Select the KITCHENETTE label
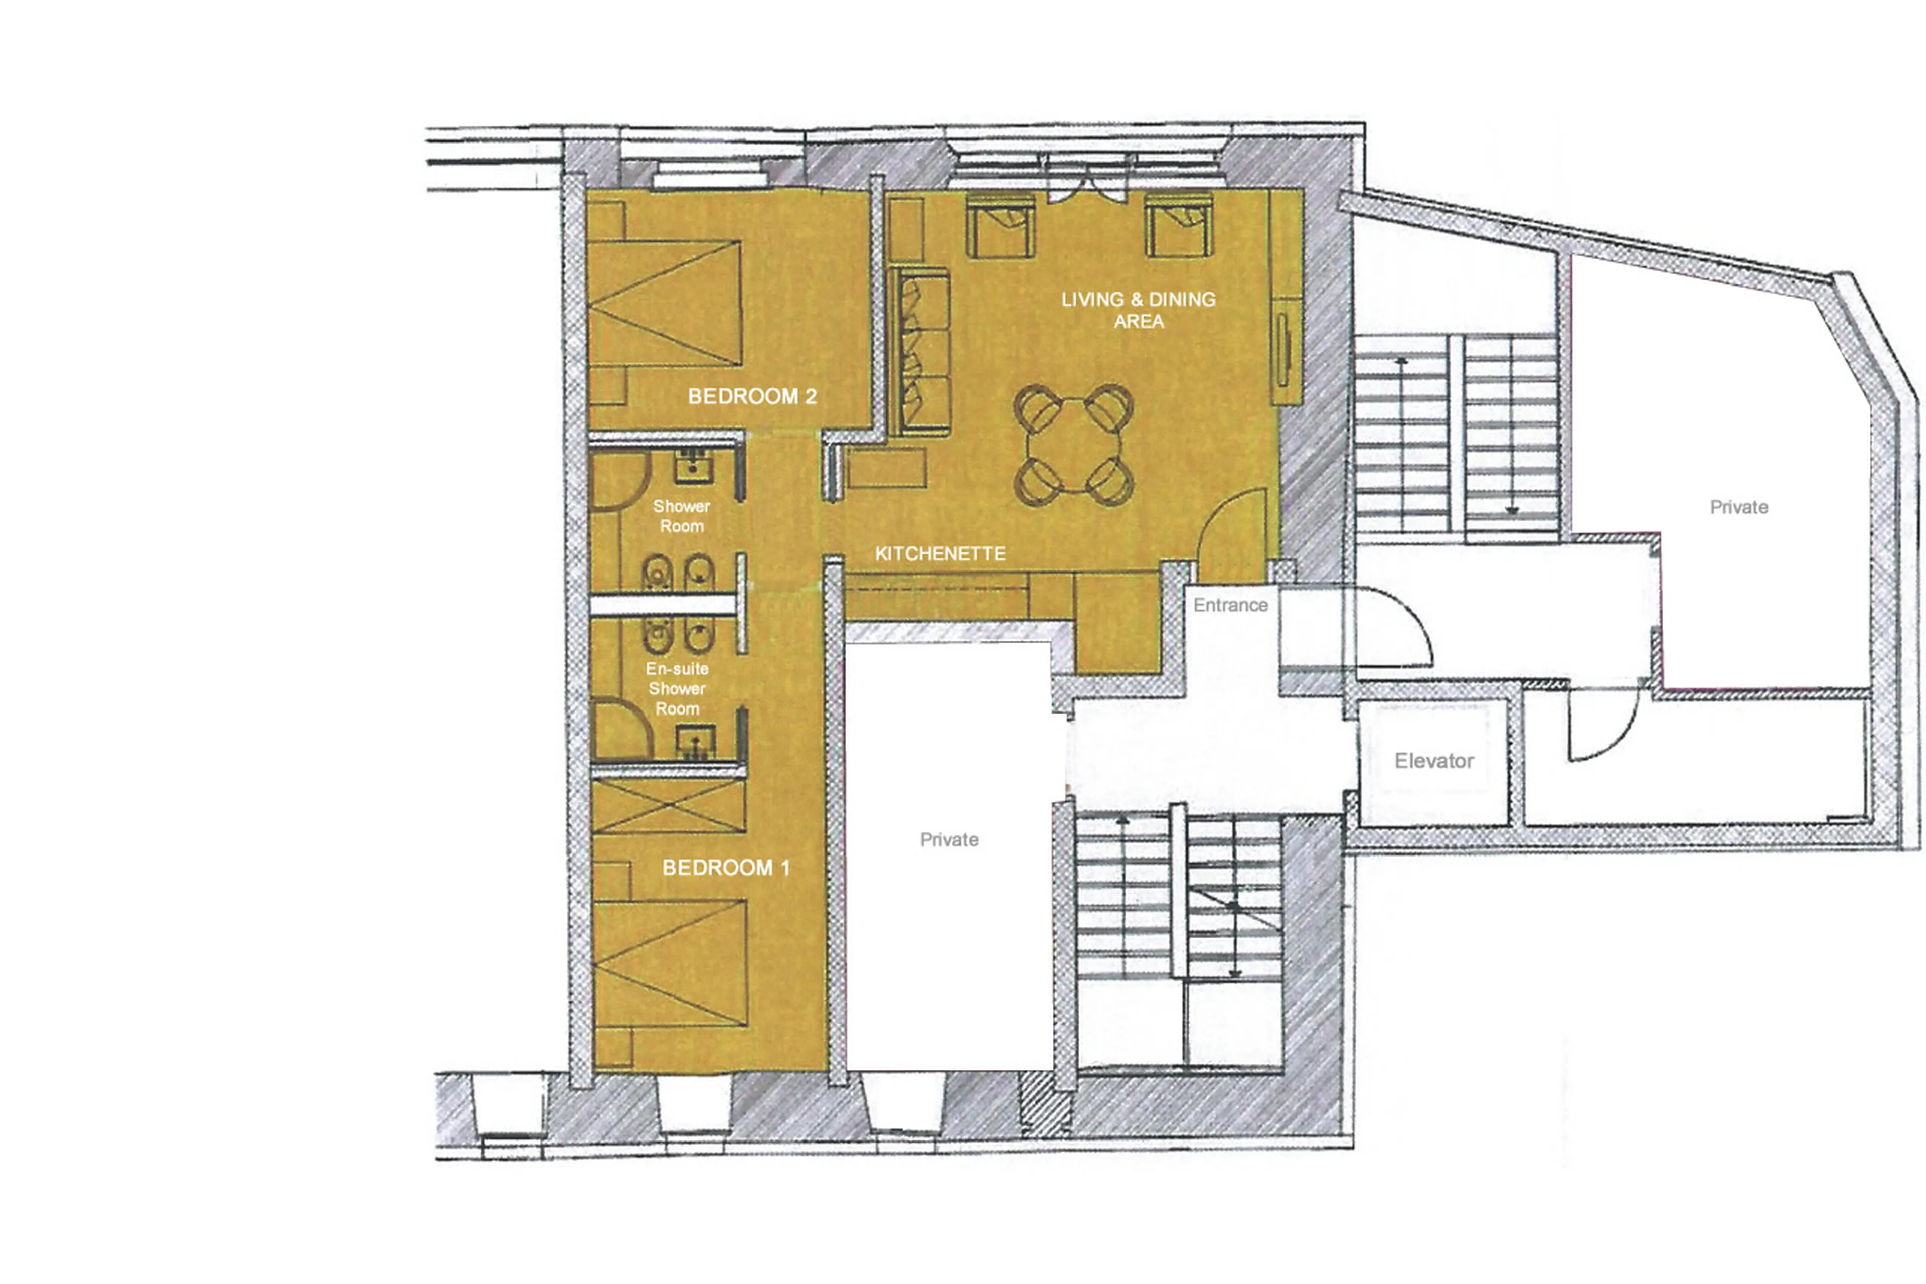[x=939, y=553]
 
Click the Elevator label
[x=1433, y=761]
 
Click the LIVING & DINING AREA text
[x=1138, y=310]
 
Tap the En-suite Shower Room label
[x=677, y=689]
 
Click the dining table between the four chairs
[x=1073, y=445]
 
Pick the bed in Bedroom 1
[x=670, y=962]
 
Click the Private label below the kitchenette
[x=948, y=839]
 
